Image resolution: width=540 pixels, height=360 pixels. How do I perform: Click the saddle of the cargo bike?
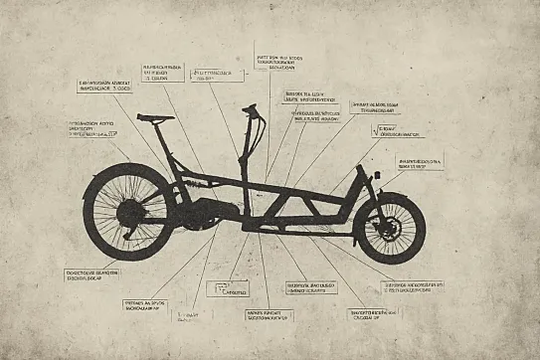[155, 116]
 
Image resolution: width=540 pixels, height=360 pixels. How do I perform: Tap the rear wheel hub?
[130, 211]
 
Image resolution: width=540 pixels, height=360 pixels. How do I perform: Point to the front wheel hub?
[388, 228]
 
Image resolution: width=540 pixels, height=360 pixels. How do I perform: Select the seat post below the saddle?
[162, 139]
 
